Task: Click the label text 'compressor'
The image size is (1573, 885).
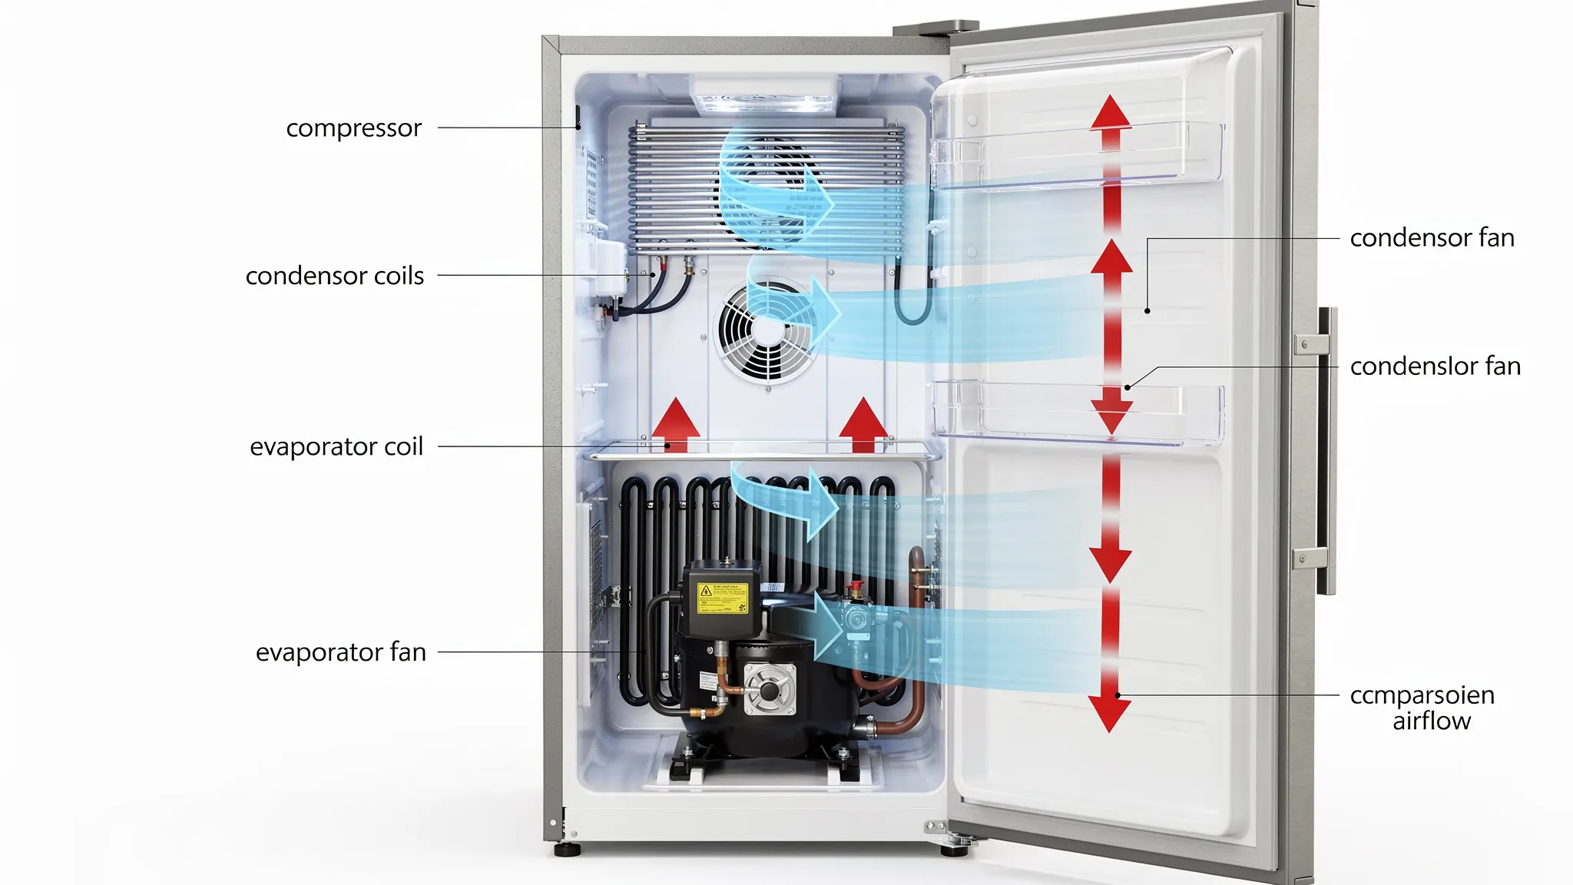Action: click(x=353, y=128)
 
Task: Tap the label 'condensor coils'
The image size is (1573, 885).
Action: click(x=334, y=276)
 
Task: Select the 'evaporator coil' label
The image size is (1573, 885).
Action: click(x=336, y=446)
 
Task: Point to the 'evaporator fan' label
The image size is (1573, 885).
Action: click(x=340, y=652)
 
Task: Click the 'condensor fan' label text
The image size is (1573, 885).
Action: click(x=1432, y=238)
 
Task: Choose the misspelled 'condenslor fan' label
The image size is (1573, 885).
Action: click(x=1435, y=366)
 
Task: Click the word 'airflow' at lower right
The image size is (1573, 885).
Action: click(x=1432, y=721)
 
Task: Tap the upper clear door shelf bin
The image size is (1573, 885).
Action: click(x=1075, y=156)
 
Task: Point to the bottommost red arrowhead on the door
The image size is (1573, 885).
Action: click(x=1109, y=714)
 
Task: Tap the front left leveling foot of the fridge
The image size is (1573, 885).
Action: click(x=568, y=850)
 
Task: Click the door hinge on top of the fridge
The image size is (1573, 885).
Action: click(x=935, y=28)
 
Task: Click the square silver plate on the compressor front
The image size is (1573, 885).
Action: click(x=770, y=688)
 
